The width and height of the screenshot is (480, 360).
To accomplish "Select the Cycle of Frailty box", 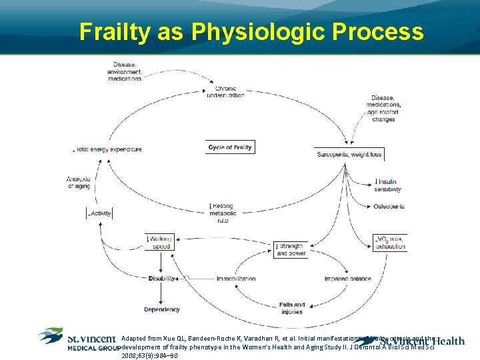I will click(x=230, y=147).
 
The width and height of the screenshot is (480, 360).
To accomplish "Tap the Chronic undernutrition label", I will click(x=225, y=92).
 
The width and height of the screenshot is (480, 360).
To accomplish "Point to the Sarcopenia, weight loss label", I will click(x=349, y=155).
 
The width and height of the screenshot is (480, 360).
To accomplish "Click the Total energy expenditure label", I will click(x=108, y=149).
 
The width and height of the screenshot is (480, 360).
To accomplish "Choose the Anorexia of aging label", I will click(x=78, y=183).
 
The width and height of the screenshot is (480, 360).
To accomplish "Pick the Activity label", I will click(x=100, y=213).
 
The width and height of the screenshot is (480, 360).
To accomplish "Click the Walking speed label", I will click(x=161, y=243).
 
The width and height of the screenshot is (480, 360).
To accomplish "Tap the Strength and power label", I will click(x=290, y=250).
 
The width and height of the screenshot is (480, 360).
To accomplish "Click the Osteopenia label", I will click(x=389, y=207).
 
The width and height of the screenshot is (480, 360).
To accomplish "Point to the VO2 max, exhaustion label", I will click(x=391, y=243).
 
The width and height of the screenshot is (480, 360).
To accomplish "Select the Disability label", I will click(x=162, y=279).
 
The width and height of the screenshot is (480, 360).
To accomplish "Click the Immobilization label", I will click(x=235, y=279).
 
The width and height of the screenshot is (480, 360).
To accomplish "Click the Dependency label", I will click(x=161, y=309).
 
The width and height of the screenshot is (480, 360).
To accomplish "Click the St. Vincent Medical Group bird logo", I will click(x=51, y=335).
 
